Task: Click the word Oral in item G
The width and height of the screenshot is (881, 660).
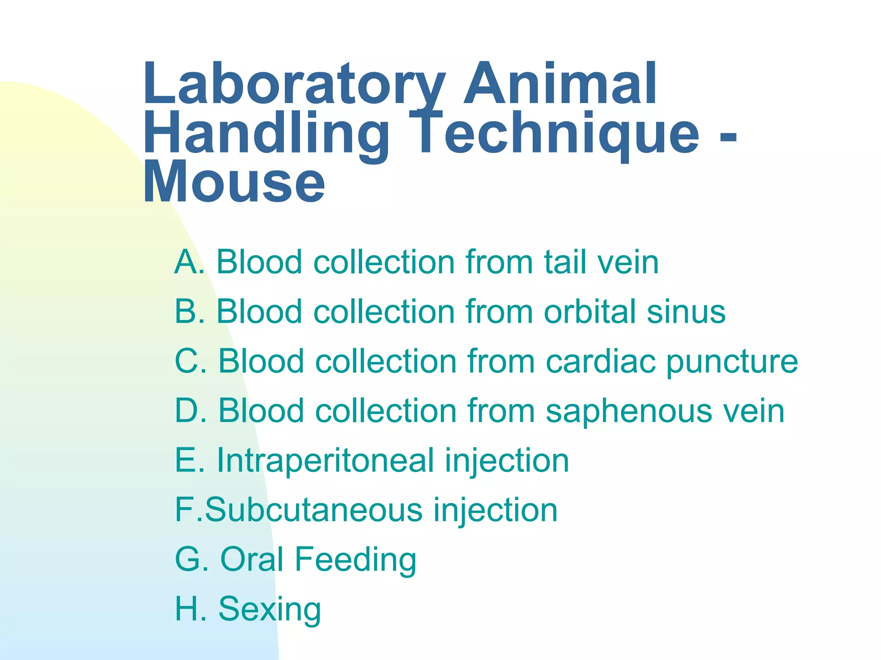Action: [x=252, y=559]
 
